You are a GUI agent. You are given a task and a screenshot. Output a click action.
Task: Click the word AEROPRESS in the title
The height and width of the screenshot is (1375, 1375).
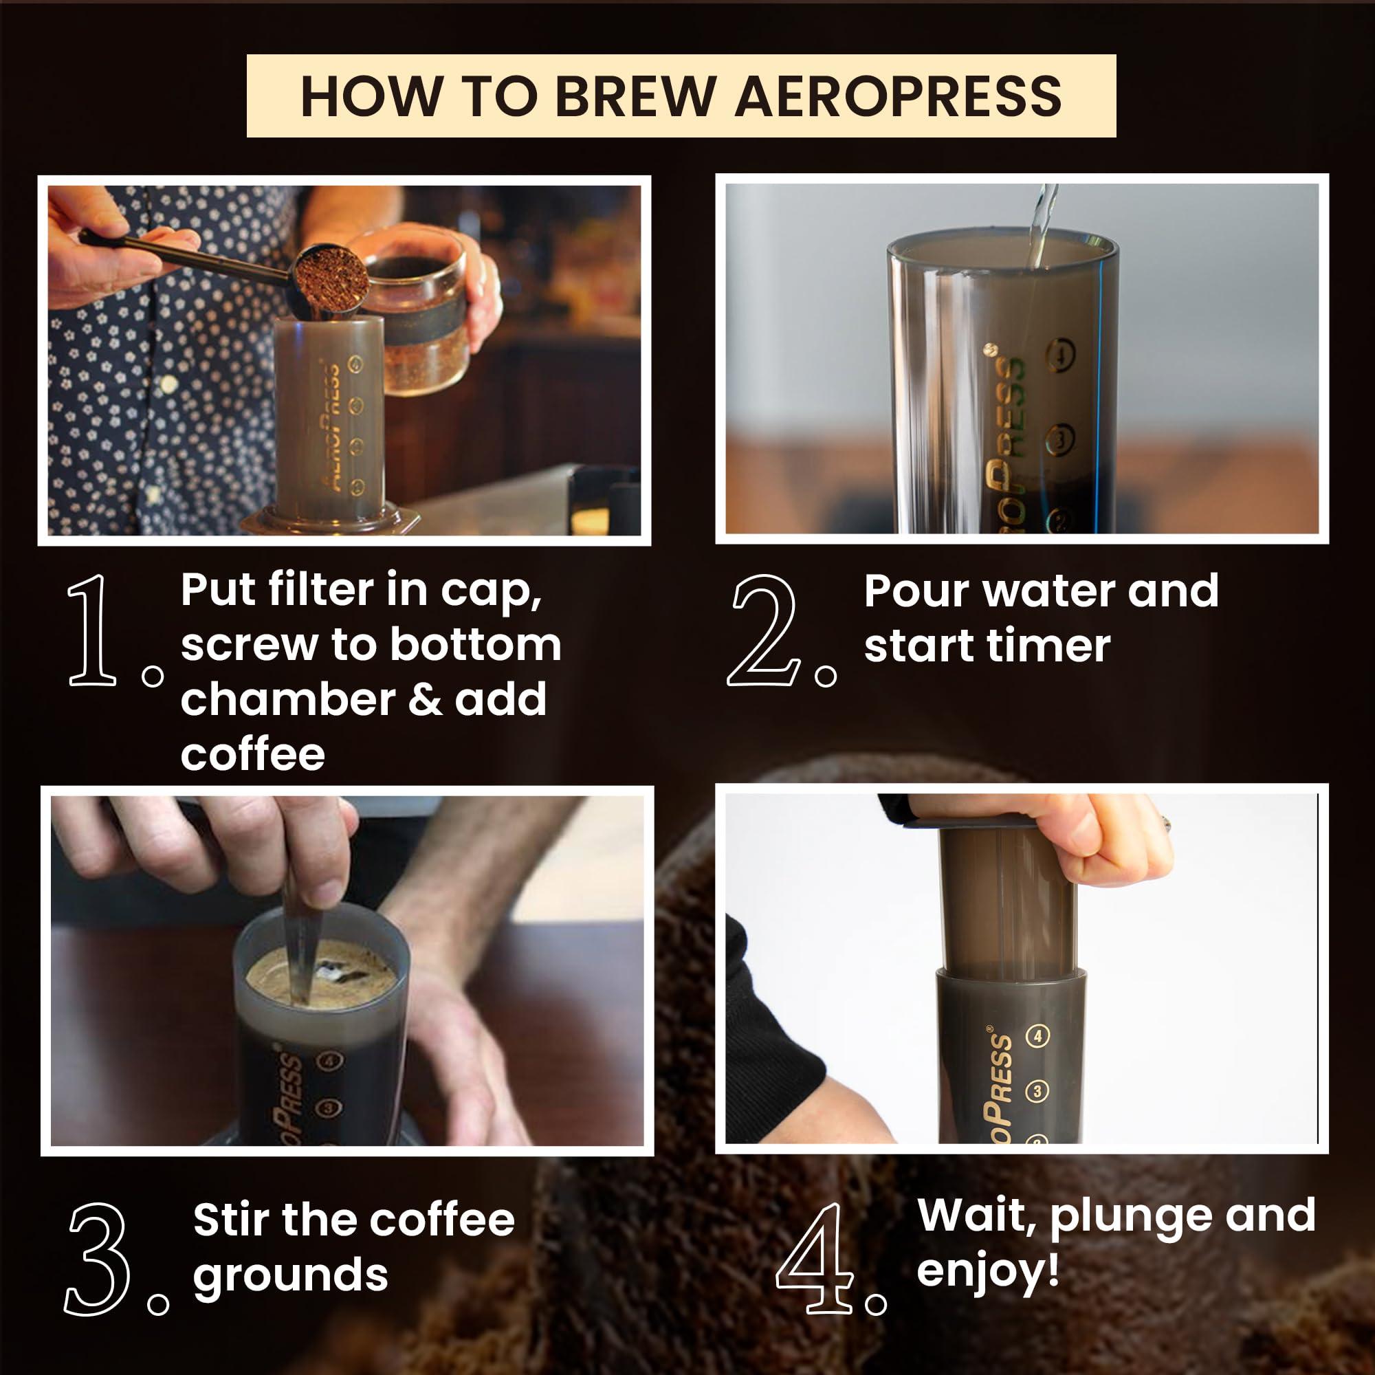(898, 96)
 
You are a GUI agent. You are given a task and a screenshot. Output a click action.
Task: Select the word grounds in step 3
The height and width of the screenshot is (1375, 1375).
(290, 1275)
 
